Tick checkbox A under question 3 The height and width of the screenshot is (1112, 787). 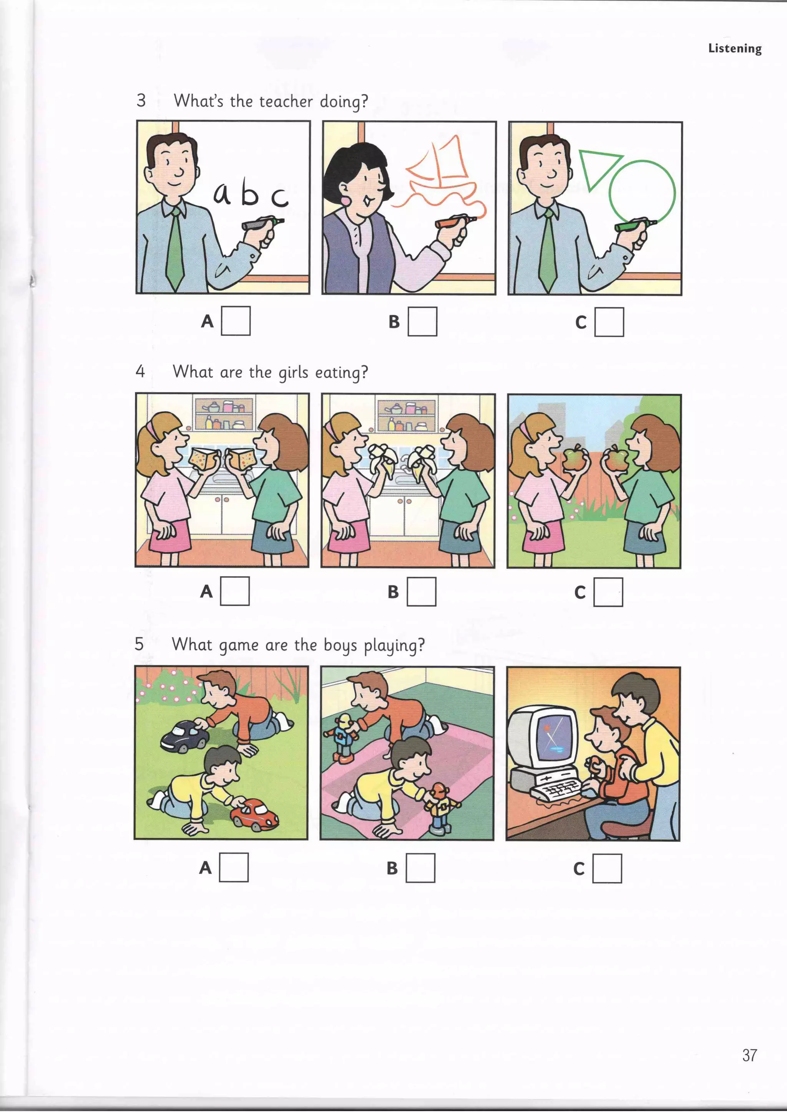click(236, 321)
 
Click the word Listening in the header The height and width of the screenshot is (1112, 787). click(735, 48)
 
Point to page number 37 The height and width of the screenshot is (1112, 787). click(749, 1055)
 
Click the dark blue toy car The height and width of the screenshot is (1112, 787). click(184, 736)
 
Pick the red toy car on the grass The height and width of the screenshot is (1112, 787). click(254, 813)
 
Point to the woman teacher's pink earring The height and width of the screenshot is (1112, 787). click(347, 200)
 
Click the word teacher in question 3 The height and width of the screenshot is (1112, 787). click(286, 101)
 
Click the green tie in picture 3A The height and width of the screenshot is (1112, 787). click(176, 247)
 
